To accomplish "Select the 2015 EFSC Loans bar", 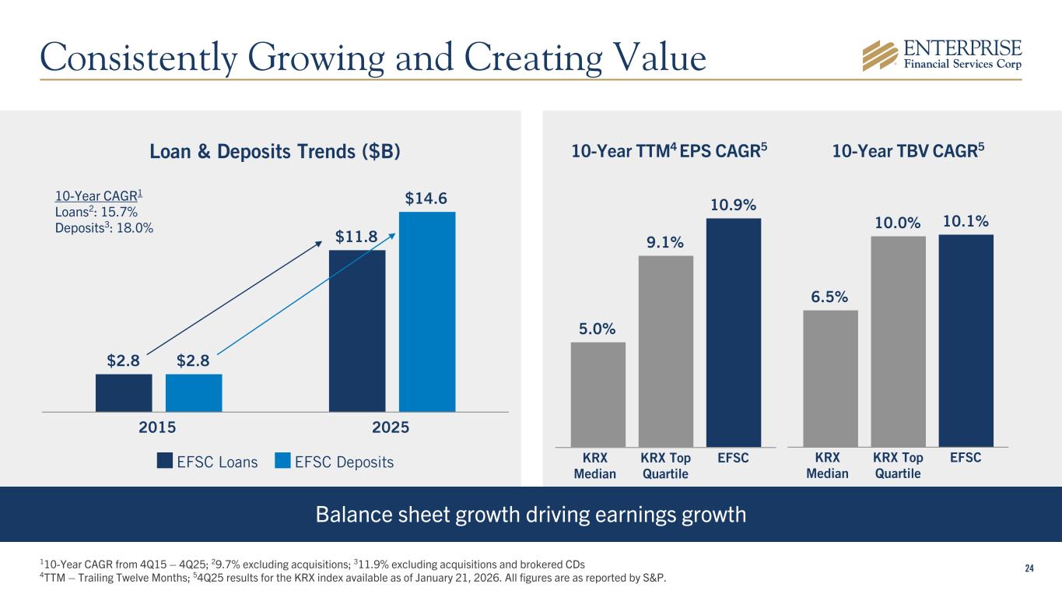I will [x=124, y=392].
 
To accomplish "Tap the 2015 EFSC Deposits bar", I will [x=194, y=392].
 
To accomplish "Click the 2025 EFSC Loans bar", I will [x=357, y=330].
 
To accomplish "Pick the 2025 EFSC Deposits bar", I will [x=427, y=311].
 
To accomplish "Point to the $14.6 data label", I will [x=426, y=199].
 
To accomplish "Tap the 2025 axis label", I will [x=392, y=427].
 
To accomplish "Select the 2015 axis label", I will [x=158, y=427].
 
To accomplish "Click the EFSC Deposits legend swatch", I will [x=284, y=461].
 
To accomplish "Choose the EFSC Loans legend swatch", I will [x=165, y=461].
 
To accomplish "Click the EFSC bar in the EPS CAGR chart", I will [x=734, y=332].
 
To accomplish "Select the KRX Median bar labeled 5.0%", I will [x=598, y=394].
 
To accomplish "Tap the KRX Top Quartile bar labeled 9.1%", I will [x=666, y=351].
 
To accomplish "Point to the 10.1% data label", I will [x=966, y=222].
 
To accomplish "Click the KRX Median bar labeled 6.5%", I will [x=830, y=378].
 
